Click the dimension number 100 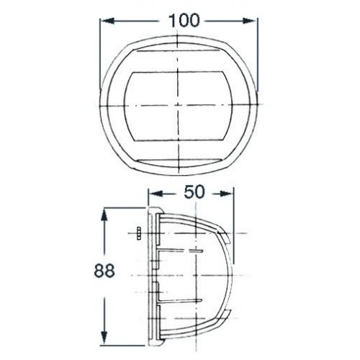(x=184, y=20)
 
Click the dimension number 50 (x=194, y=192)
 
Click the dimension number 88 (x=104, y=271)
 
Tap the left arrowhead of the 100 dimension (x=107, y=21)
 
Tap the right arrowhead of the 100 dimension (x=250, y=21)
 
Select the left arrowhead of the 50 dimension (x=156, y=194)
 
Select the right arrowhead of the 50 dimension (x=227, y=194)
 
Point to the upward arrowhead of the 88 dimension (x=104, y=215)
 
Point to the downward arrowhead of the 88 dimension (x=104, y=338)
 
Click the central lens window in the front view (x=178, y=106)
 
